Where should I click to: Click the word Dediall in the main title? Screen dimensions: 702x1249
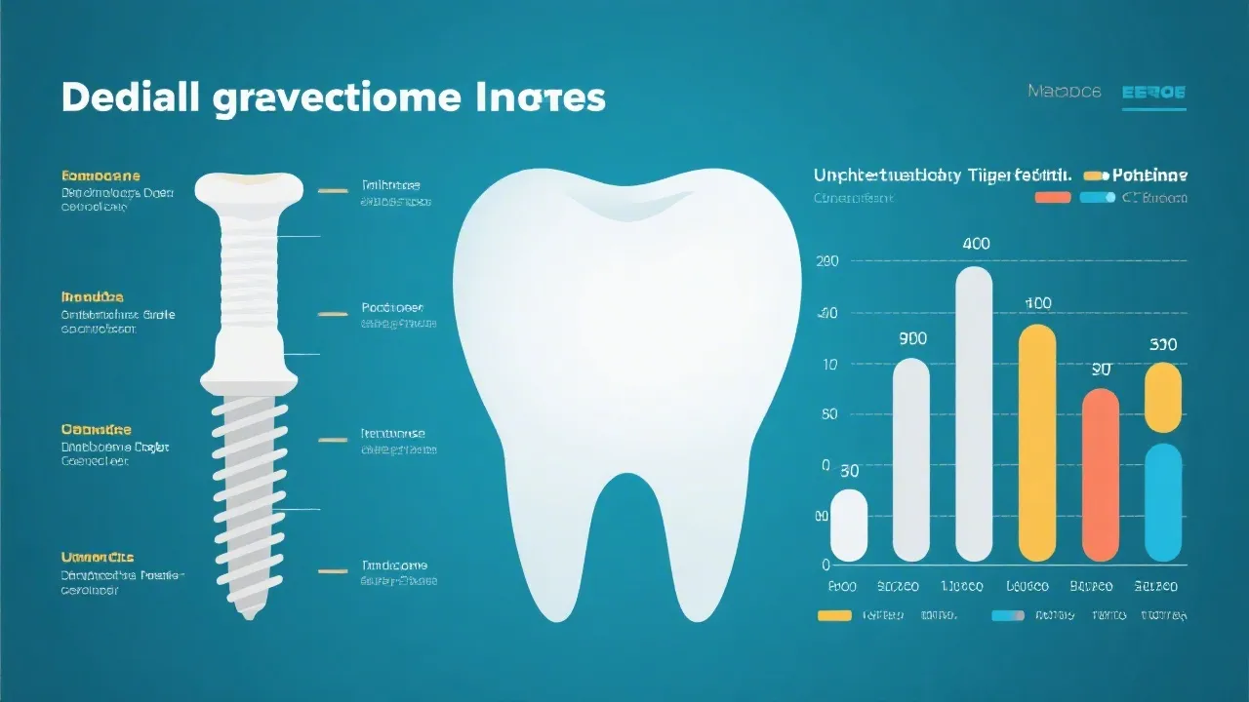(x=131, y=98)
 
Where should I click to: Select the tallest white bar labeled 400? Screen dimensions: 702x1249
(x=974, y=414)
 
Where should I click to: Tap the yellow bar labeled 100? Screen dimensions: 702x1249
(x=1037, y=444)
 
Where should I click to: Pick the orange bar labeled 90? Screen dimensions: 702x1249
(x=1101, y=475)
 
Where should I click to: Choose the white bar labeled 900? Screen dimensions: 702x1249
(x=911, y=460)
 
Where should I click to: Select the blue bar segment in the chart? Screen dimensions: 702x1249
(x=1163, y=502)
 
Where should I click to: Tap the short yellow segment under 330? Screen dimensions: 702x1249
(x=1163, y=397)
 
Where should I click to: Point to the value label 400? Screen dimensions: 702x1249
(x=976, y=244)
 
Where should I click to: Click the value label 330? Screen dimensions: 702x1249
(x=1163, y=345)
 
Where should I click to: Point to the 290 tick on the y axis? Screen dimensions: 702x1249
(x=826, y=261)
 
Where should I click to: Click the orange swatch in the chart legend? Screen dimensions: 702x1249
(x=1053, y=198)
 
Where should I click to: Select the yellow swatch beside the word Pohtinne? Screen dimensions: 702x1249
(x=1096, y=175)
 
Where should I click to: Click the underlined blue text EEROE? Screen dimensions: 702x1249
(x=1153, y=93)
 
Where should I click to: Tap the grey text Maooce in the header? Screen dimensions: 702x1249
(x=1064, y=92)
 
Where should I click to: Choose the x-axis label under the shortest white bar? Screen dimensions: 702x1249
(x=841, y=587)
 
